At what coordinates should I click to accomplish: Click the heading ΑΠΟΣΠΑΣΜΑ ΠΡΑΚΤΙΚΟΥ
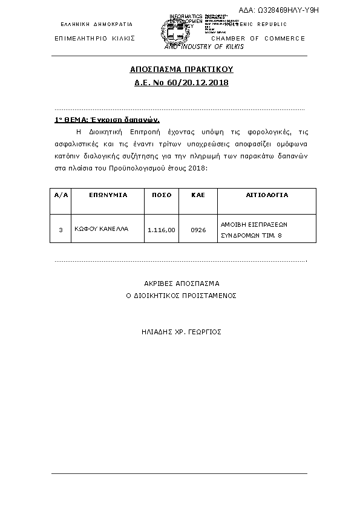click(182, 70)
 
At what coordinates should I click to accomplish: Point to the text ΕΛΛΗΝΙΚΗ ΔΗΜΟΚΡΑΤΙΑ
click(97, 25)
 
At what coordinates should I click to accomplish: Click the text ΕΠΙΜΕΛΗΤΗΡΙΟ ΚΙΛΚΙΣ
click(94, 38)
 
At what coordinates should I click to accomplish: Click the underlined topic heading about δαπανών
click(106, 120)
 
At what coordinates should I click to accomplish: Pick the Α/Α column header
click(61, 196)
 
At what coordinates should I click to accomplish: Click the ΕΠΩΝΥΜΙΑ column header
click(108, 196)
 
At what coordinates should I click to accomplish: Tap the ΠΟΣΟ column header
click(162, 196)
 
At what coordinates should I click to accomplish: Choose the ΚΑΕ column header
click(198, 196)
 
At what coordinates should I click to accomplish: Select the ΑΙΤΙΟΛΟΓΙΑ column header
click(267, 196)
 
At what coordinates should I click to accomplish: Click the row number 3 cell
click(61, 230)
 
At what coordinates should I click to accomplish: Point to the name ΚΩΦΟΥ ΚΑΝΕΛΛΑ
click(102, 230)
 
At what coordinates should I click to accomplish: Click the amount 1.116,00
click(162, 230)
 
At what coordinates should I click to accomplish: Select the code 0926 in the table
click(198, 230)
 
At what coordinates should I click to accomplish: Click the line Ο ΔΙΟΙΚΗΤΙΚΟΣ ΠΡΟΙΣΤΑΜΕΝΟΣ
click(181, 296)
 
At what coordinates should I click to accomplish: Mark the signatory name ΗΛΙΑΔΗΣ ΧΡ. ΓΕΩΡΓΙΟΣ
click(181, 332)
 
